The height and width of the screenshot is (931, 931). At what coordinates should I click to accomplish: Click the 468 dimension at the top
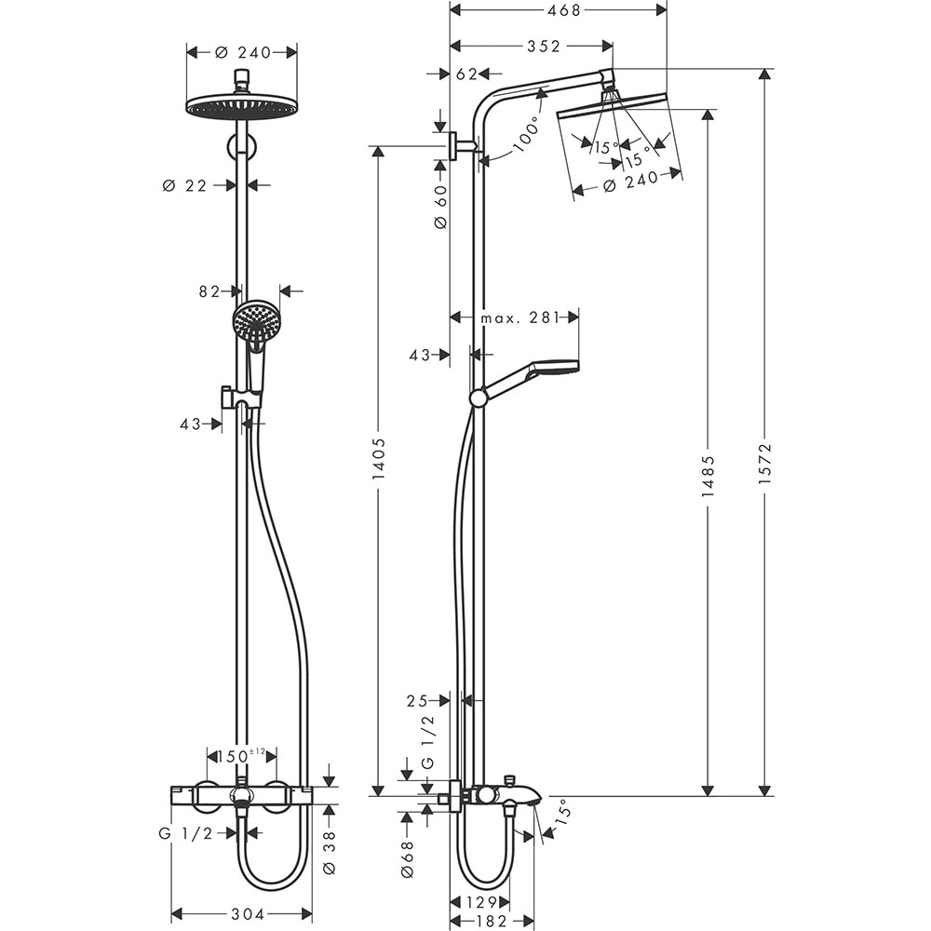[559, 10]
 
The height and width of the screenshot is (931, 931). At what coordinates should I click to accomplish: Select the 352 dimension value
[544, 47]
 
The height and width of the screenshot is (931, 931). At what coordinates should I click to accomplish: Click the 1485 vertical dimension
[708, 476]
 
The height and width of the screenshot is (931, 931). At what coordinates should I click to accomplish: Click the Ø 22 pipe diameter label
[184, 185]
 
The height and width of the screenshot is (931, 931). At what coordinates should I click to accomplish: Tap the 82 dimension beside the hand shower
[209, 291]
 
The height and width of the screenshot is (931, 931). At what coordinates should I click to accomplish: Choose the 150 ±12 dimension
[241, 754]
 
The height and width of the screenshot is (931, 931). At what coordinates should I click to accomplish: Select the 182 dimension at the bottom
[491, 921]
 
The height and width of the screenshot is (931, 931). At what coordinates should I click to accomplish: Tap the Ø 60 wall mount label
[441, 207]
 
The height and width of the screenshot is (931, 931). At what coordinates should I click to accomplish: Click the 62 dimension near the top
[466, 74]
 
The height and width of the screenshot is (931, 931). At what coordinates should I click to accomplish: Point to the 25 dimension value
[417, 699]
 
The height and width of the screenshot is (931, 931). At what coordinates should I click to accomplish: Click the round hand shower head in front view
[256, 324]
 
